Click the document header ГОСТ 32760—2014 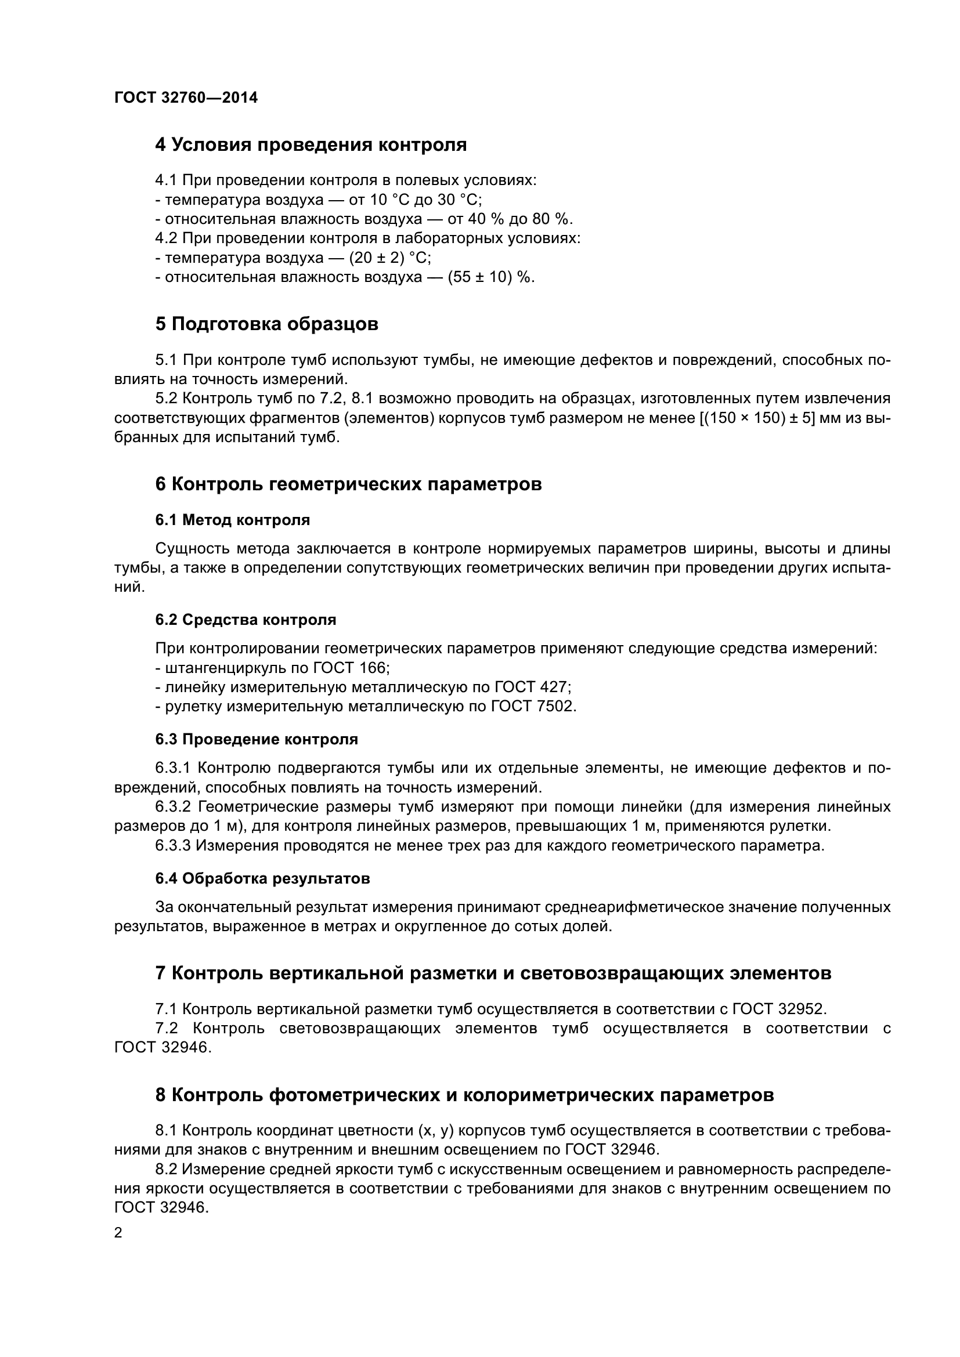[186, 98]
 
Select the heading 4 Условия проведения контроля [311, 145]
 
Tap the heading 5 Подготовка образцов [266, 324]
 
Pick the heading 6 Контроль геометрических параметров [348, 484]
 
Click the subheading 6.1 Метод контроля [232, 520]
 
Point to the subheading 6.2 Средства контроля [246, 620]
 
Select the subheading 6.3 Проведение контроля [257, 739]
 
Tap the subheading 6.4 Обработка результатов [262, 878]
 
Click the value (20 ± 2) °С [389, 258]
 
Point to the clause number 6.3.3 [172, 846]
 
